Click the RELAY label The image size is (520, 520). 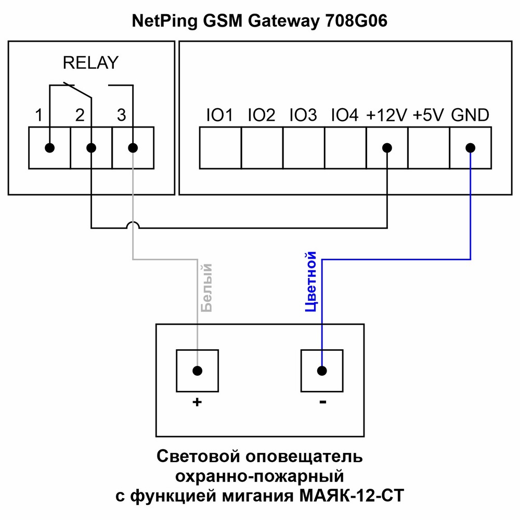(x=90, y=63)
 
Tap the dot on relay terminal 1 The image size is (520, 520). (x=49, y=148)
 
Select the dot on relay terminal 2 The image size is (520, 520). (x=91, y=148)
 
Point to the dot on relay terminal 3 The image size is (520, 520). (x=133, y=148)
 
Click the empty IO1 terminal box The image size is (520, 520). (x=220, y=148)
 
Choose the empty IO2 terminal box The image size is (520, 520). (x=262, y=148)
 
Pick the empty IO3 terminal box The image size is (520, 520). (x=303, y=148)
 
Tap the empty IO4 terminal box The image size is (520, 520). (x=345, y=148)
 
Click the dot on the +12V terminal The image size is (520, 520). (x=387, y=148)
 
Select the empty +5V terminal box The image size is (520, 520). (x=428, y=148)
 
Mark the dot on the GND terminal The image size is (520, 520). (x=470, y=148)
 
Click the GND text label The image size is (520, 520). (x=470, y=115)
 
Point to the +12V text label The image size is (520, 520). (x=387, y=115)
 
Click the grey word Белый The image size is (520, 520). (x=207, y=287)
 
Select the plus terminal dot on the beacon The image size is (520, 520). (x=197, y=371)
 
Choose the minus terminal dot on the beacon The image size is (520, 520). (x=322, y=371)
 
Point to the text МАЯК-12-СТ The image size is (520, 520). (x=352, y=495)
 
